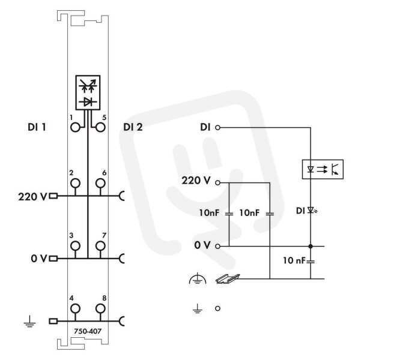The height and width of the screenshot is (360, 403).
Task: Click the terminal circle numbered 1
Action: (x=75, y=127)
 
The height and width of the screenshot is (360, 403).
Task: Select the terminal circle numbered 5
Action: (x=100, y=127)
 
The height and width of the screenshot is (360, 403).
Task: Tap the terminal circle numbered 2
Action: (x=75, y=184)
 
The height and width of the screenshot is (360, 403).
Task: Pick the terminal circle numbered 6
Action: (x=100, y=184)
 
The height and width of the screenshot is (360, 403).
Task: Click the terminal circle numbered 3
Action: (x=75, y=246)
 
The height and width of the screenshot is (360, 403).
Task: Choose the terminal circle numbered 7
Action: (x=100, y=246)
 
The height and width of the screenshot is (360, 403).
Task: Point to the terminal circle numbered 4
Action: (x=75, y=308)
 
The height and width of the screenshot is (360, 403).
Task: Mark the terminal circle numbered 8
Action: (x=100, y=308)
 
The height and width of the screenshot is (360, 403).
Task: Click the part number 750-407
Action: (x=88, y=331)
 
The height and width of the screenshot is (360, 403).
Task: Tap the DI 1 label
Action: (x=37, y=127)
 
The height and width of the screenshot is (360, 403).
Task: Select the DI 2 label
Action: (x=133, y=127)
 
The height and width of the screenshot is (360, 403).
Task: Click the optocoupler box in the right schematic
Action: (x=323, y=169)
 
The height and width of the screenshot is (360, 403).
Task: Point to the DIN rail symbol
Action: (x=228, y=279)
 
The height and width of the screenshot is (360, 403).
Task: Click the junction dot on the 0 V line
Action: (x=311, y=246)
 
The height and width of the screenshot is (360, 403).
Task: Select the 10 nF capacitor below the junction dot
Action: (x=311, y=262)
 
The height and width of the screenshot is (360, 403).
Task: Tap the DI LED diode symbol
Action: (x=311, y=211)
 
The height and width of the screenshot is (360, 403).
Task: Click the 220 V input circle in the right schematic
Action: (x=217, y=183)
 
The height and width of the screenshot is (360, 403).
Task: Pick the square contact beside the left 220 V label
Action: (x=53, y=196)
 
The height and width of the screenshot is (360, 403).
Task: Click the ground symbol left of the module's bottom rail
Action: (x=30, y=322)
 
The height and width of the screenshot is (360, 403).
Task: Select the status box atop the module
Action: (x=88, y=92)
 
